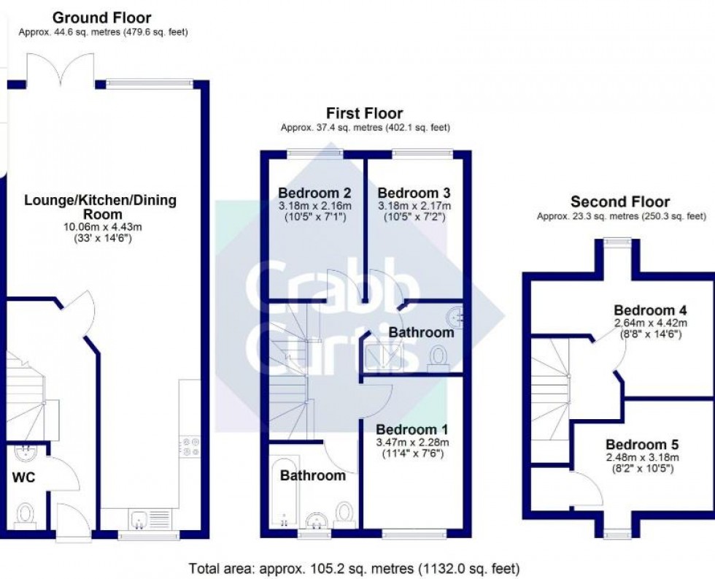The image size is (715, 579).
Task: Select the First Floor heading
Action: coord(364,113)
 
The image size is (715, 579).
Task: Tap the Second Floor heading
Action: coord(619,202)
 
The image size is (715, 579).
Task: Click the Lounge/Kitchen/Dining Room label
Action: coord(101,207)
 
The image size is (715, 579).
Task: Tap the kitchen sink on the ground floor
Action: coord(142,519)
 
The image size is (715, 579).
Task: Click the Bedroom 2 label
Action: coord(314,193)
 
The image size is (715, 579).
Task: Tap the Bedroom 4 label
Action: coord(650,309)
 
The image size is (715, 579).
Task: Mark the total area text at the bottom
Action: coord(354,567)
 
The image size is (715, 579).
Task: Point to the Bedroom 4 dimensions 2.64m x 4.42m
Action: coord(650,322)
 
